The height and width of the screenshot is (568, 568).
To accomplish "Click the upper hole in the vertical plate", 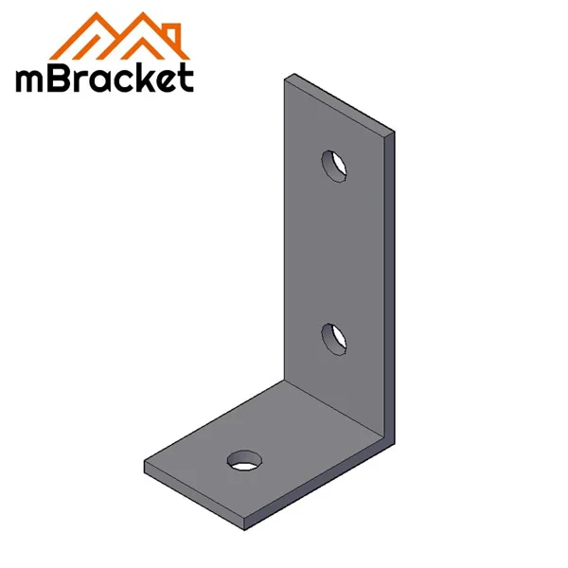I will click(x=333, y=165).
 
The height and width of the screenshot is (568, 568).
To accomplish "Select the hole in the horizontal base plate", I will click(x=244, y=461).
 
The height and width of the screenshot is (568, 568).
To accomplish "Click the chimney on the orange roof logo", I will click(x=170, y=23).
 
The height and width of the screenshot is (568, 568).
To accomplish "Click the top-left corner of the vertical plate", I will click(x=288, y=80).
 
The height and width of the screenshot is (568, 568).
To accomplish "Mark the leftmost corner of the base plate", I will click(x=145, y=465).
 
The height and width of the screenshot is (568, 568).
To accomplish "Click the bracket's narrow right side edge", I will click(x=391, y=284).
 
